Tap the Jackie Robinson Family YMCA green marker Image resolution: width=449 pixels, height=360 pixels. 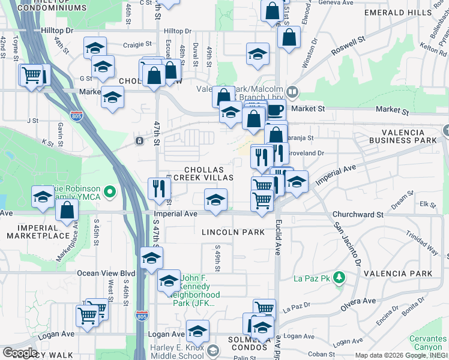click(109, 192)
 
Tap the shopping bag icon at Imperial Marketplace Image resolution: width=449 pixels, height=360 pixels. click(67, 210)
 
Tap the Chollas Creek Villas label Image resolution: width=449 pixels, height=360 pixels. click(200, 174)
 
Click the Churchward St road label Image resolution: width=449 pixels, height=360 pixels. click(358, 214)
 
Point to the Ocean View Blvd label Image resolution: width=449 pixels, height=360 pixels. click(106, 273)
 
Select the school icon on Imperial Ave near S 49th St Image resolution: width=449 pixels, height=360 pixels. click(215, 200)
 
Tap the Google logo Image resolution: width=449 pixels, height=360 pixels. click(20, 353)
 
